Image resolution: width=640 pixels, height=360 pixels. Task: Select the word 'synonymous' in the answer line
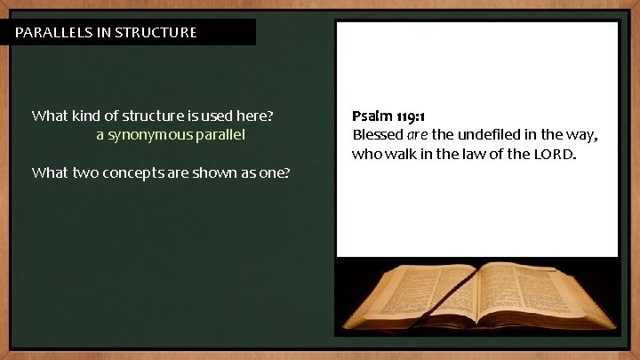coord(156,135)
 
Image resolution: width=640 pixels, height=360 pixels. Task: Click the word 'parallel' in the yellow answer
coord(221,135)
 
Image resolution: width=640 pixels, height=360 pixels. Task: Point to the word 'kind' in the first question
coord(91,116)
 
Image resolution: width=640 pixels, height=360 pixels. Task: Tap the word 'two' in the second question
coord(109,172)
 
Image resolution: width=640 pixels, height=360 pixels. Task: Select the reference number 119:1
coord(412,116)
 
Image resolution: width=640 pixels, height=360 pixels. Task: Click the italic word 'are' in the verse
coord(418,135)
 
